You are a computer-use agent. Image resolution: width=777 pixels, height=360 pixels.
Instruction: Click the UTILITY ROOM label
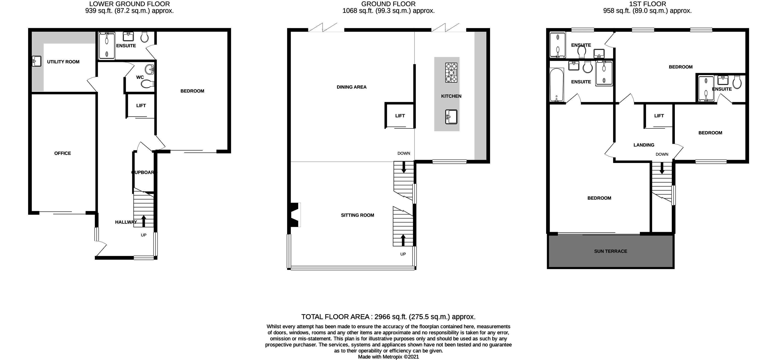click(x=63, y=62)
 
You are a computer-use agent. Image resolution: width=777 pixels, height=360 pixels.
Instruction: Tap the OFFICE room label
click(x=63, y=153)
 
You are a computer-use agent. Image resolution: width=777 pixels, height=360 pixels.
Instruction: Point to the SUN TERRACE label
click(x=611, y=251)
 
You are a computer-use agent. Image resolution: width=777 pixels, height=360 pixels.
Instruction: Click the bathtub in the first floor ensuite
click(x=557, y=85)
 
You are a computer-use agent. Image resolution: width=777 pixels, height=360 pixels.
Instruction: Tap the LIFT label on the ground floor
click(x=400, y=116)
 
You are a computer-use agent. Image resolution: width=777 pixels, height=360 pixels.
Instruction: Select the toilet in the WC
click(x=148, y=84)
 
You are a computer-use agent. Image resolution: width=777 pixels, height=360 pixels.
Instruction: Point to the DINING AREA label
click(x=352, y=87)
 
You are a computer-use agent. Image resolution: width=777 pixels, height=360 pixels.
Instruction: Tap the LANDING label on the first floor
click(x=644, y=145)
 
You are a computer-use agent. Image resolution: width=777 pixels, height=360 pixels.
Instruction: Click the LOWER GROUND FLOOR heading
click(x=129, y=4)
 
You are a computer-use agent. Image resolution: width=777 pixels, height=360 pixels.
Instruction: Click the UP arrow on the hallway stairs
click(x=144, y=221)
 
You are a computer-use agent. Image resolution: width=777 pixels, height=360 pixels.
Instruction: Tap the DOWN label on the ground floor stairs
click(x=404, y=153)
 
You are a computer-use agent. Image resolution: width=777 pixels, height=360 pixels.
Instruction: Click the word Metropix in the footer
click(x=393, y=357)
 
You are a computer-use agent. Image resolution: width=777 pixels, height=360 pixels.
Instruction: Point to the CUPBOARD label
click(x=144, y=172)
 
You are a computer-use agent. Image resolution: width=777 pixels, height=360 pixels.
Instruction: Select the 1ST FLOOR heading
click(x=647, y=4)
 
